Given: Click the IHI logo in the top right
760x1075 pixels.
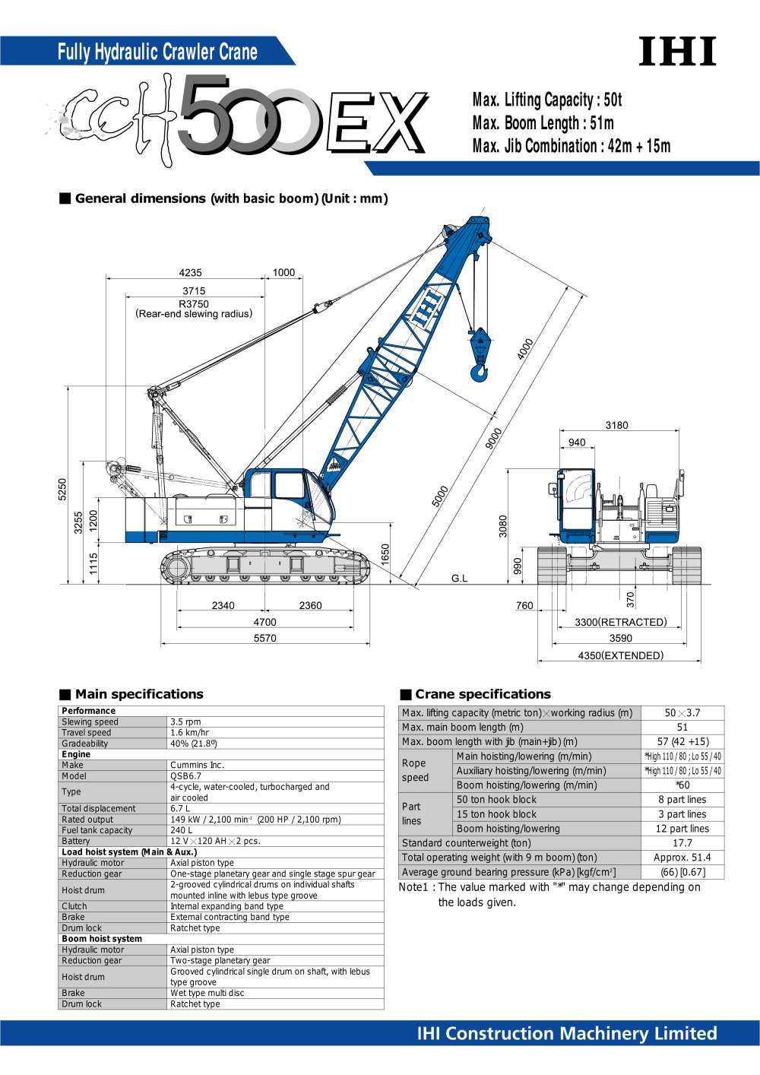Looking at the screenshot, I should pyautogui.click(x=676, y=52).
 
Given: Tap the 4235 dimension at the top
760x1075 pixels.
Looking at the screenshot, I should pyautogui.click(x=190, y=273).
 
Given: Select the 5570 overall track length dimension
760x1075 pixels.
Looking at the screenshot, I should pyautogui.click(x=264, y=639).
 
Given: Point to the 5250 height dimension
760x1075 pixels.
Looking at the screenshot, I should pyautogui.click(x=62, y=489).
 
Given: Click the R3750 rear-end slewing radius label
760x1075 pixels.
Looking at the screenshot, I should pyautogui.click(x=194, y=304).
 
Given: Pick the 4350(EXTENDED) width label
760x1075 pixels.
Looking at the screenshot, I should pyautogui.click(x=620, y=655).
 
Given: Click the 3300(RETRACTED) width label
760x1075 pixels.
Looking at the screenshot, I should pyautogui.click(x=620, y=622).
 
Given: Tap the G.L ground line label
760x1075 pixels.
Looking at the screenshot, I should pyautogui.click(x=460, y=579).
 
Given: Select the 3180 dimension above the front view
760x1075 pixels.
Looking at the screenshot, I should pyautogui.click(x=616, y=426).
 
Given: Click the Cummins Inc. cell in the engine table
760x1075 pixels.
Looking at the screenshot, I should pyautogui.click(x=197, y=766).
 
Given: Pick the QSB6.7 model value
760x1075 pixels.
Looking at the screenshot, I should pyautogui.click(x=186, y=776).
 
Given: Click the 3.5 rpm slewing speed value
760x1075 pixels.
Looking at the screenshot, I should pyautogui.click(x=185, y=722).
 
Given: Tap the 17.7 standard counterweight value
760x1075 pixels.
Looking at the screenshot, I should pyautogui.click(x=682, y=843).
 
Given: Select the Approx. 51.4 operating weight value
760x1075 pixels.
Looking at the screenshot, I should pyautogui.click(x=682, y=858).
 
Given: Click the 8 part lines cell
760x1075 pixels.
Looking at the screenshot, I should pyautogui.click(x=682, y=800).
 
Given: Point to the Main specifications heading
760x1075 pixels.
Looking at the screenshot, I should pyautogui.click(x=139, y=694).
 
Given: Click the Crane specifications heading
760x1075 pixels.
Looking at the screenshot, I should pyautogui.click(x=483, y=694).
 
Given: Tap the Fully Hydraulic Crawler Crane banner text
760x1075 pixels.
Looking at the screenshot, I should pyautogui.click(x=157, y=52).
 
